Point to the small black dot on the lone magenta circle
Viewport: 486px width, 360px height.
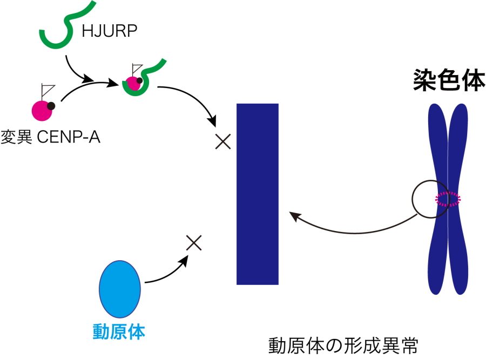click(x=51, y=106)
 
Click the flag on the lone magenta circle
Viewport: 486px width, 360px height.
click(x=47, y=90)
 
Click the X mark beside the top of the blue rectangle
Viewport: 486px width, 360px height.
click(x=222, y=142)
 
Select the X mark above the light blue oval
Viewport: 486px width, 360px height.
click(x=193, y=243)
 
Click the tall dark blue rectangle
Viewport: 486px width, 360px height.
click(x=258, y=194)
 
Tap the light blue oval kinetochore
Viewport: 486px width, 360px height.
click(x=120, y=289)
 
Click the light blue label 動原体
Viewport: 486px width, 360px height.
click(x=119, y=331)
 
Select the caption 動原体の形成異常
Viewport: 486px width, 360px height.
click(x=343, y=346)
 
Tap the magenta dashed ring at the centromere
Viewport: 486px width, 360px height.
click(x=449, y=200)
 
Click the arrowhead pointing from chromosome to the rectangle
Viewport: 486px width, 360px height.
click(x=294, y=215)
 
